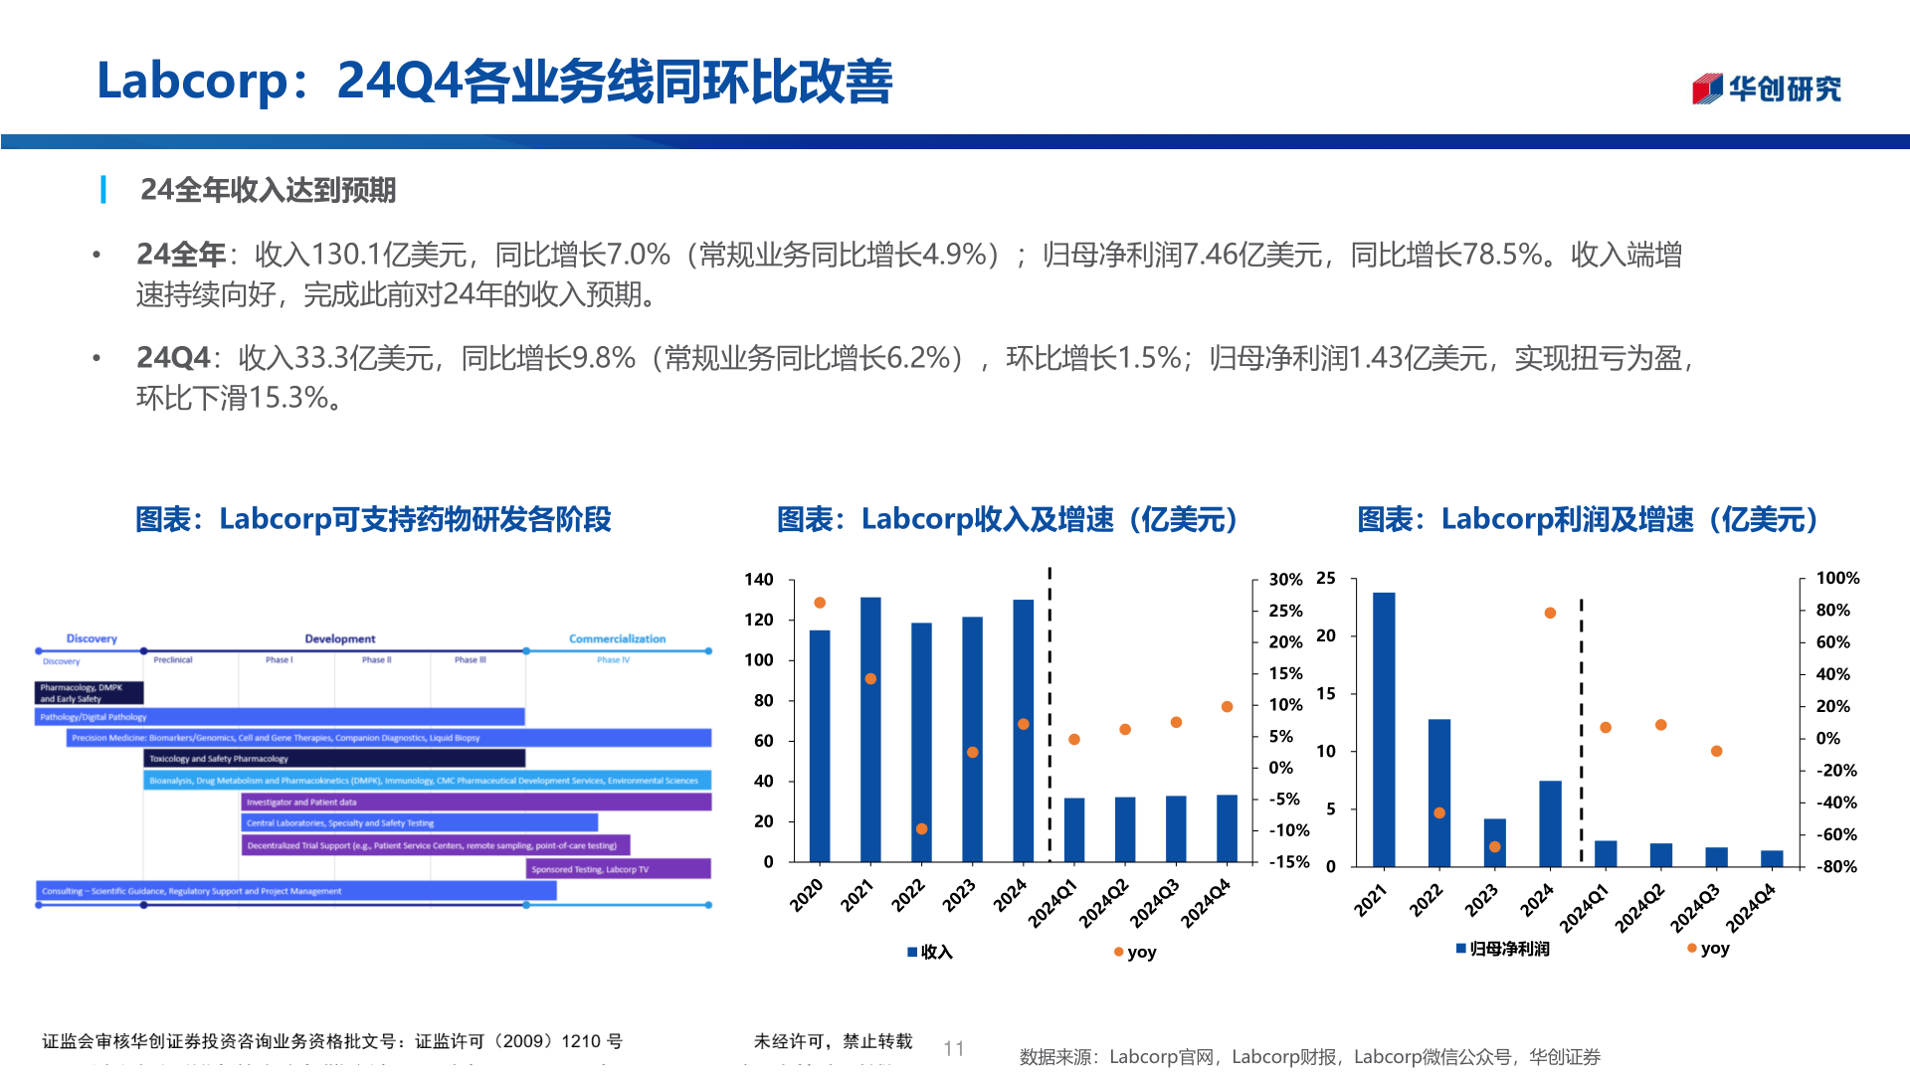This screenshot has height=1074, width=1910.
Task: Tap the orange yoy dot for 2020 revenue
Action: point(820,603)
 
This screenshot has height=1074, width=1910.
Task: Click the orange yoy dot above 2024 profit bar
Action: point(1550,613)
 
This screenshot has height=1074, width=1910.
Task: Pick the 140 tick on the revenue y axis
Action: point(758,579)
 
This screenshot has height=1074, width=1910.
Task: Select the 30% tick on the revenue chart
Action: point(1285,579)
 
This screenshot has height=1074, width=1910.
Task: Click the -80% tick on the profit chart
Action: point(1836,866)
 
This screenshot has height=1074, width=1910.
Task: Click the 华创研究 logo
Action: point(1766,89)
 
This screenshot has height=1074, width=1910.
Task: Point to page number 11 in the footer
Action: point(953,1048)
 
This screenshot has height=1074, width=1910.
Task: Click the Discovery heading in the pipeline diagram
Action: point(92,638)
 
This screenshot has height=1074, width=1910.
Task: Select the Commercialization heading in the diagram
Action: point(617,638)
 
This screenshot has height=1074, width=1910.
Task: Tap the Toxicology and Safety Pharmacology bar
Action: point(334,759)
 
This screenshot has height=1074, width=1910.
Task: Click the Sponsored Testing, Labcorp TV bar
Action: point(618,869)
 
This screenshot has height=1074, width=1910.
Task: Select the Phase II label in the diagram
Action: point(376,659)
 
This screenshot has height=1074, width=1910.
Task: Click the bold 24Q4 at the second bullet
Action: point(173,358)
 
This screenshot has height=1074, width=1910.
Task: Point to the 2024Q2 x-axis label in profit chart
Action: point(1639,906)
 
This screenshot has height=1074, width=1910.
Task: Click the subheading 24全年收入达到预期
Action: point(268,190)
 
